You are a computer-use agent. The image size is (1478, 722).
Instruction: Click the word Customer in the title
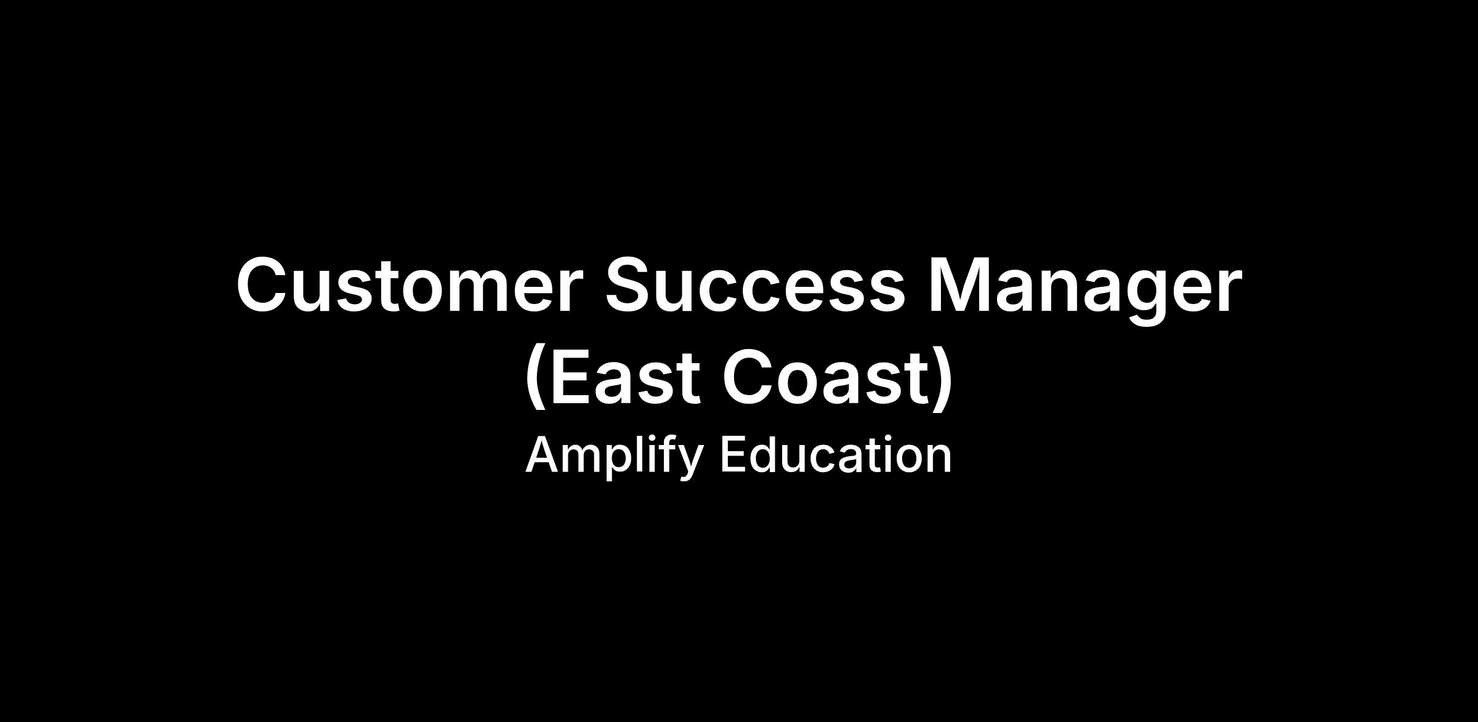409,285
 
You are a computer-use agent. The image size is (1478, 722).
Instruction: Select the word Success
756,285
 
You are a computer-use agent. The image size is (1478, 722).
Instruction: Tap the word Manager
1085,289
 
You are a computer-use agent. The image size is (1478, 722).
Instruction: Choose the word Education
836,455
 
